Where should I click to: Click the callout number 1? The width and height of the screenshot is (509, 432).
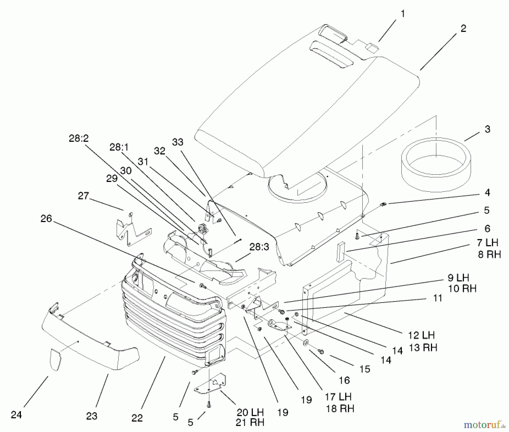click(403, 14)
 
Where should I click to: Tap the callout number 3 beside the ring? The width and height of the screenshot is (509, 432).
click(487, 129)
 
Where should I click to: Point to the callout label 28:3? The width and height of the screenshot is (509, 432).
click(259, 247)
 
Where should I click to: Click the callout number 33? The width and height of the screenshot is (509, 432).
click(178, 142)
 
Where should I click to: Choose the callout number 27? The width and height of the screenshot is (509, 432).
click(83, 195)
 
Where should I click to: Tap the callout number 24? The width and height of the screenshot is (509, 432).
click(16, 415)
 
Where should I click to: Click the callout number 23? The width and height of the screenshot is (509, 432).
click(92, 416)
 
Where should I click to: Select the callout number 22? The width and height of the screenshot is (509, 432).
click(137, 418)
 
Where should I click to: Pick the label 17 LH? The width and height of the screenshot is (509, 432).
click(338, 397)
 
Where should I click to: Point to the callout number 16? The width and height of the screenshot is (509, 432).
click(344, 380)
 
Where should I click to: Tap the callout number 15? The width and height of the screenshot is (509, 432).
click(365, 369)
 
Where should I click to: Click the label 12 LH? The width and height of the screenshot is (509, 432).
click(421, 336)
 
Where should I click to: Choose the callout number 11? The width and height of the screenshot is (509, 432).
click(437, 298)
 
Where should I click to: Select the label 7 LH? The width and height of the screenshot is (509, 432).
click(488, 242)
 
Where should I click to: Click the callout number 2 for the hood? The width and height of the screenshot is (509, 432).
click(463, 28)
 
